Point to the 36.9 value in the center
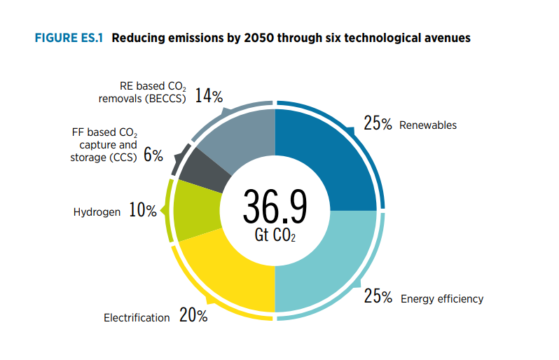[x=275, y=205]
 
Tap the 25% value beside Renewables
[x=378, y=124]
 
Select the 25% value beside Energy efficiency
[x=378, y=297]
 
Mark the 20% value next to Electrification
[x=193, y=316]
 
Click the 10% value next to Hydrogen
[x=143, y=210]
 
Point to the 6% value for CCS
[x=153, y=155]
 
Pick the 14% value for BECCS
[x=209, y=95]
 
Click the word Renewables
[x=428, y=125]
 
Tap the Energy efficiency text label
[x=442, y=299]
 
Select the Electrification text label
[x=137, y=318]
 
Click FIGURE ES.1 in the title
[x=68, y=38]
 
